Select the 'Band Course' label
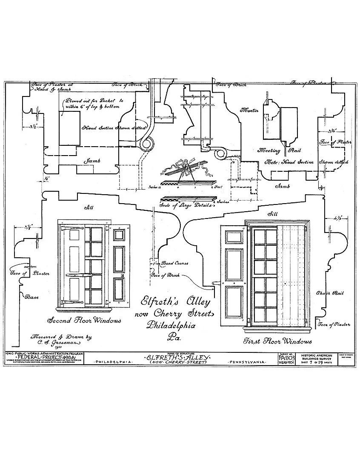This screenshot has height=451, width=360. point(175,263)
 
